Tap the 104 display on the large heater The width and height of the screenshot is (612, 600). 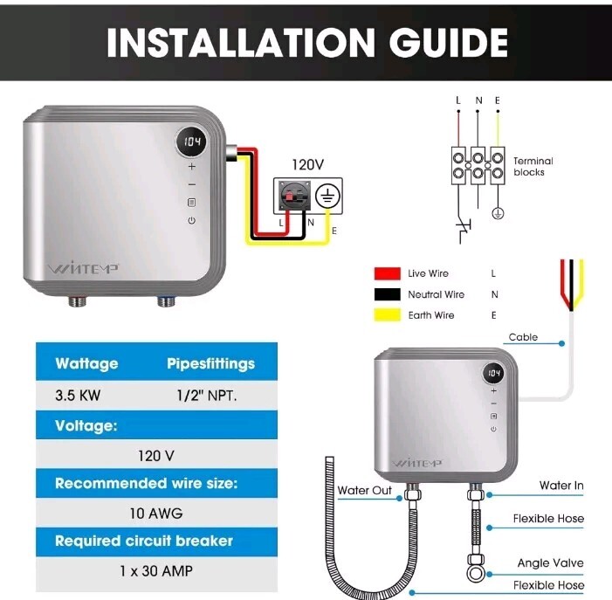coord(192,141)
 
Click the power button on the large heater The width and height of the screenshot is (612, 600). coord(192,220)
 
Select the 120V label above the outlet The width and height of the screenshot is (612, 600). coord(306,164)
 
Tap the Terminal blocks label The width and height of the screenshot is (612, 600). coord(533,167)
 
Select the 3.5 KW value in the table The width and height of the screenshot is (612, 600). coord(78,395)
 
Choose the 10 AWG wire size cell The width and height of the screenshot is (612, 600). coord(155,513)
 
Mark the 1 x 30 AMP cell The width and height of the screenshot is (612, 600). coord(155,572)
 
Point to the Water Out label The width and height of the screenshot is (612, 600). coord(364,490)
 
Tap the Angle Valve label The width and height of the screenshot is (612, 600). coord(550,563)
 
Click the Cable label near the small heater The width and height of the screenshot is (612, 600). coord(524,337)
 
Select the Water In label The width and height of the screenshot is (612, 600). coord(560,486)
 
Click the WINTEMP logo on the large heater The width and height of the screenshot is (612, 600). coord(83,267)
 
